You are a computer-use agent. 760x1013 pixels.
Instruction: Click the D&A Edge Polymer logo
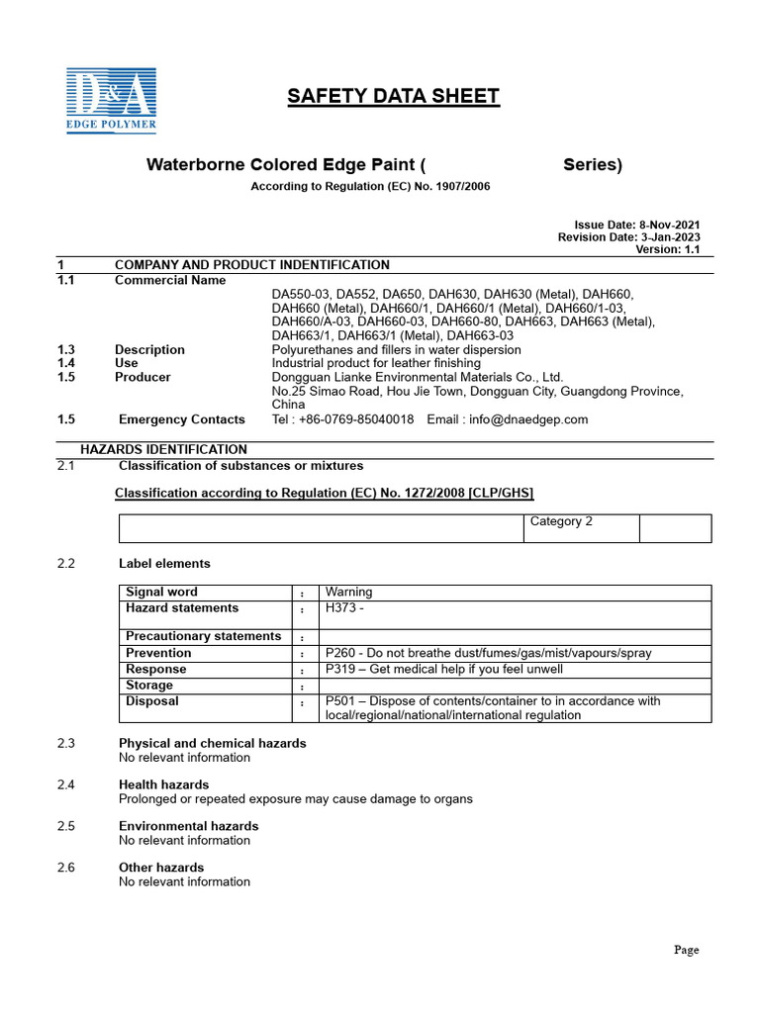point(111,98)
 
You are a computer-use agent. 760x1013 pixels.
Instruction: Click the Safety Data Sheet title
point(393,96)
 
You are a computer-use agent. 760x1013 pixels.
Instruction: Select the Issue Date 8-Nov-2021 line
point(637,225)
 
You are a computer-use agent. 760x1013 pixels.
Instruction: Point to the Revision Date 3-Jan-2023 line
point(628,237)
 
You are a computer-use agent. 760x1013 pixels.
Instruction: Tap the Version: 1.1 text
point(667,250)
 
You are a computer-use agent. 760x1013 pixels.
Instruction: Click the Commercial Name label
point(170,280)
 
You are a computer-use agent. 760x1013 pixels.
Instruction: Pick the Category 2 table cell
point(561,521)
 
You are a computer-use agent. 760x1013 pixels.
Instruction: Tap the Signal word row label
point(161,593)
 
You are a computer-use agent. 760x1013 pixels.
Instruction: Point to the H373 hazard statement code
point(340,608)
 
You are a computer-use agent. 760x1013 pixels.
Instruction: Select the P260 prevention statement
point(488,653)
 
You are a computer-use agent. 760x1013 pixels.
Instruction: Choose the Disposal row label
point(152,701)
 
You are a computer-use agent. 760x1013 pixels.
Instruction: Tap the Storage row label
point(149,686)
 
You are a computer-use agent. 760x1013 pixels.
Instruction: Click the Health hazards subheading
point(163,784)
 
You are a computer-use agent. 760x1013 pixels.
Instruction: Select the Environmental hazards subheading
point(188,826)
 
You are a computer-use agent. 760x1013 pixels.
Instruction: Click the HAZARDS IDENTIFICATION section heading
point(163,449)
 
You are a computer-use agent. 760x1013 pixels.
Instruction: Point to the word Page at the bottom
point(686,950)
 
